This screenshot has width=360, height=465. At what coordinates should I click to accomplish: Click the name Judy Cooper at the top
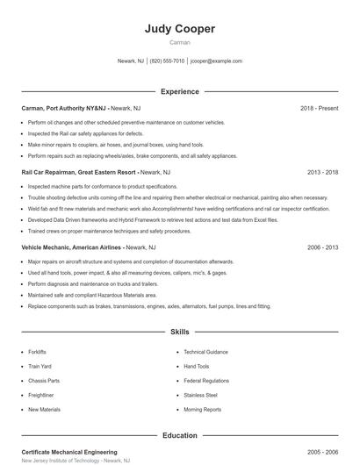point(179,28)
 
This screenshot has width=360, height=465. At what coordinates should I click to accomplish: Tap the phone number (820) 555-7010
point(167,61)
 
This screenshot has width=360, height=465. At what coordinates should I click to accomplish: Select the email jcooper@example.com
point(216,61)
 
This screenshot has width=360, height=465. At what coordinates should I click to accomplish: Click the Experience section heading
point(179,91)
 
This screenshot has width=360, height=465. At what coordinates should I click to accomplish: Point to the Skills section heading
point(179,333)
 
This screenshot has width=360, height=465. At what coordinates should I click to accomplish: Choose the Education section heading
point(179,435)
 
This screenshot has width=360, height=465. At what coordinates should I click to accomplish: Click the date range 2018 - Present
point(319,109)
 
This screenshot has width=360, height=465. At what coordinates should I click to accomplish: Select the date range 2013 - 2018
point(322,173)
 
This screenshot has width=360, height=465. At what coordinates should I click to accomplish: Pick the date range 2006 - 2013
point(322,247)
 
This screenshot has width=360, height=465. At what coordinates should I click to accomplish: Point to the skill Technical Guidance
point(205,352)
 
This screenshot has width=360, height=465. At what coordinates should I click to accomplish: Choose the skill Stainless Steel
point(200,395)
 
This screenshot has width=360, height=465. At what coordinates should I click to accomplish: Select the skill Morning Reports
point(203,410)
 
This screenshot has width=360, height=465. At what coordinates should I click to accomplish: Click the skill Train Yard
point(40,366)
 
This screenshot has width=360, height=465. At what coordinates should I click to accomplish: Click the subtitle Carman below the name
point(179,42)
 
